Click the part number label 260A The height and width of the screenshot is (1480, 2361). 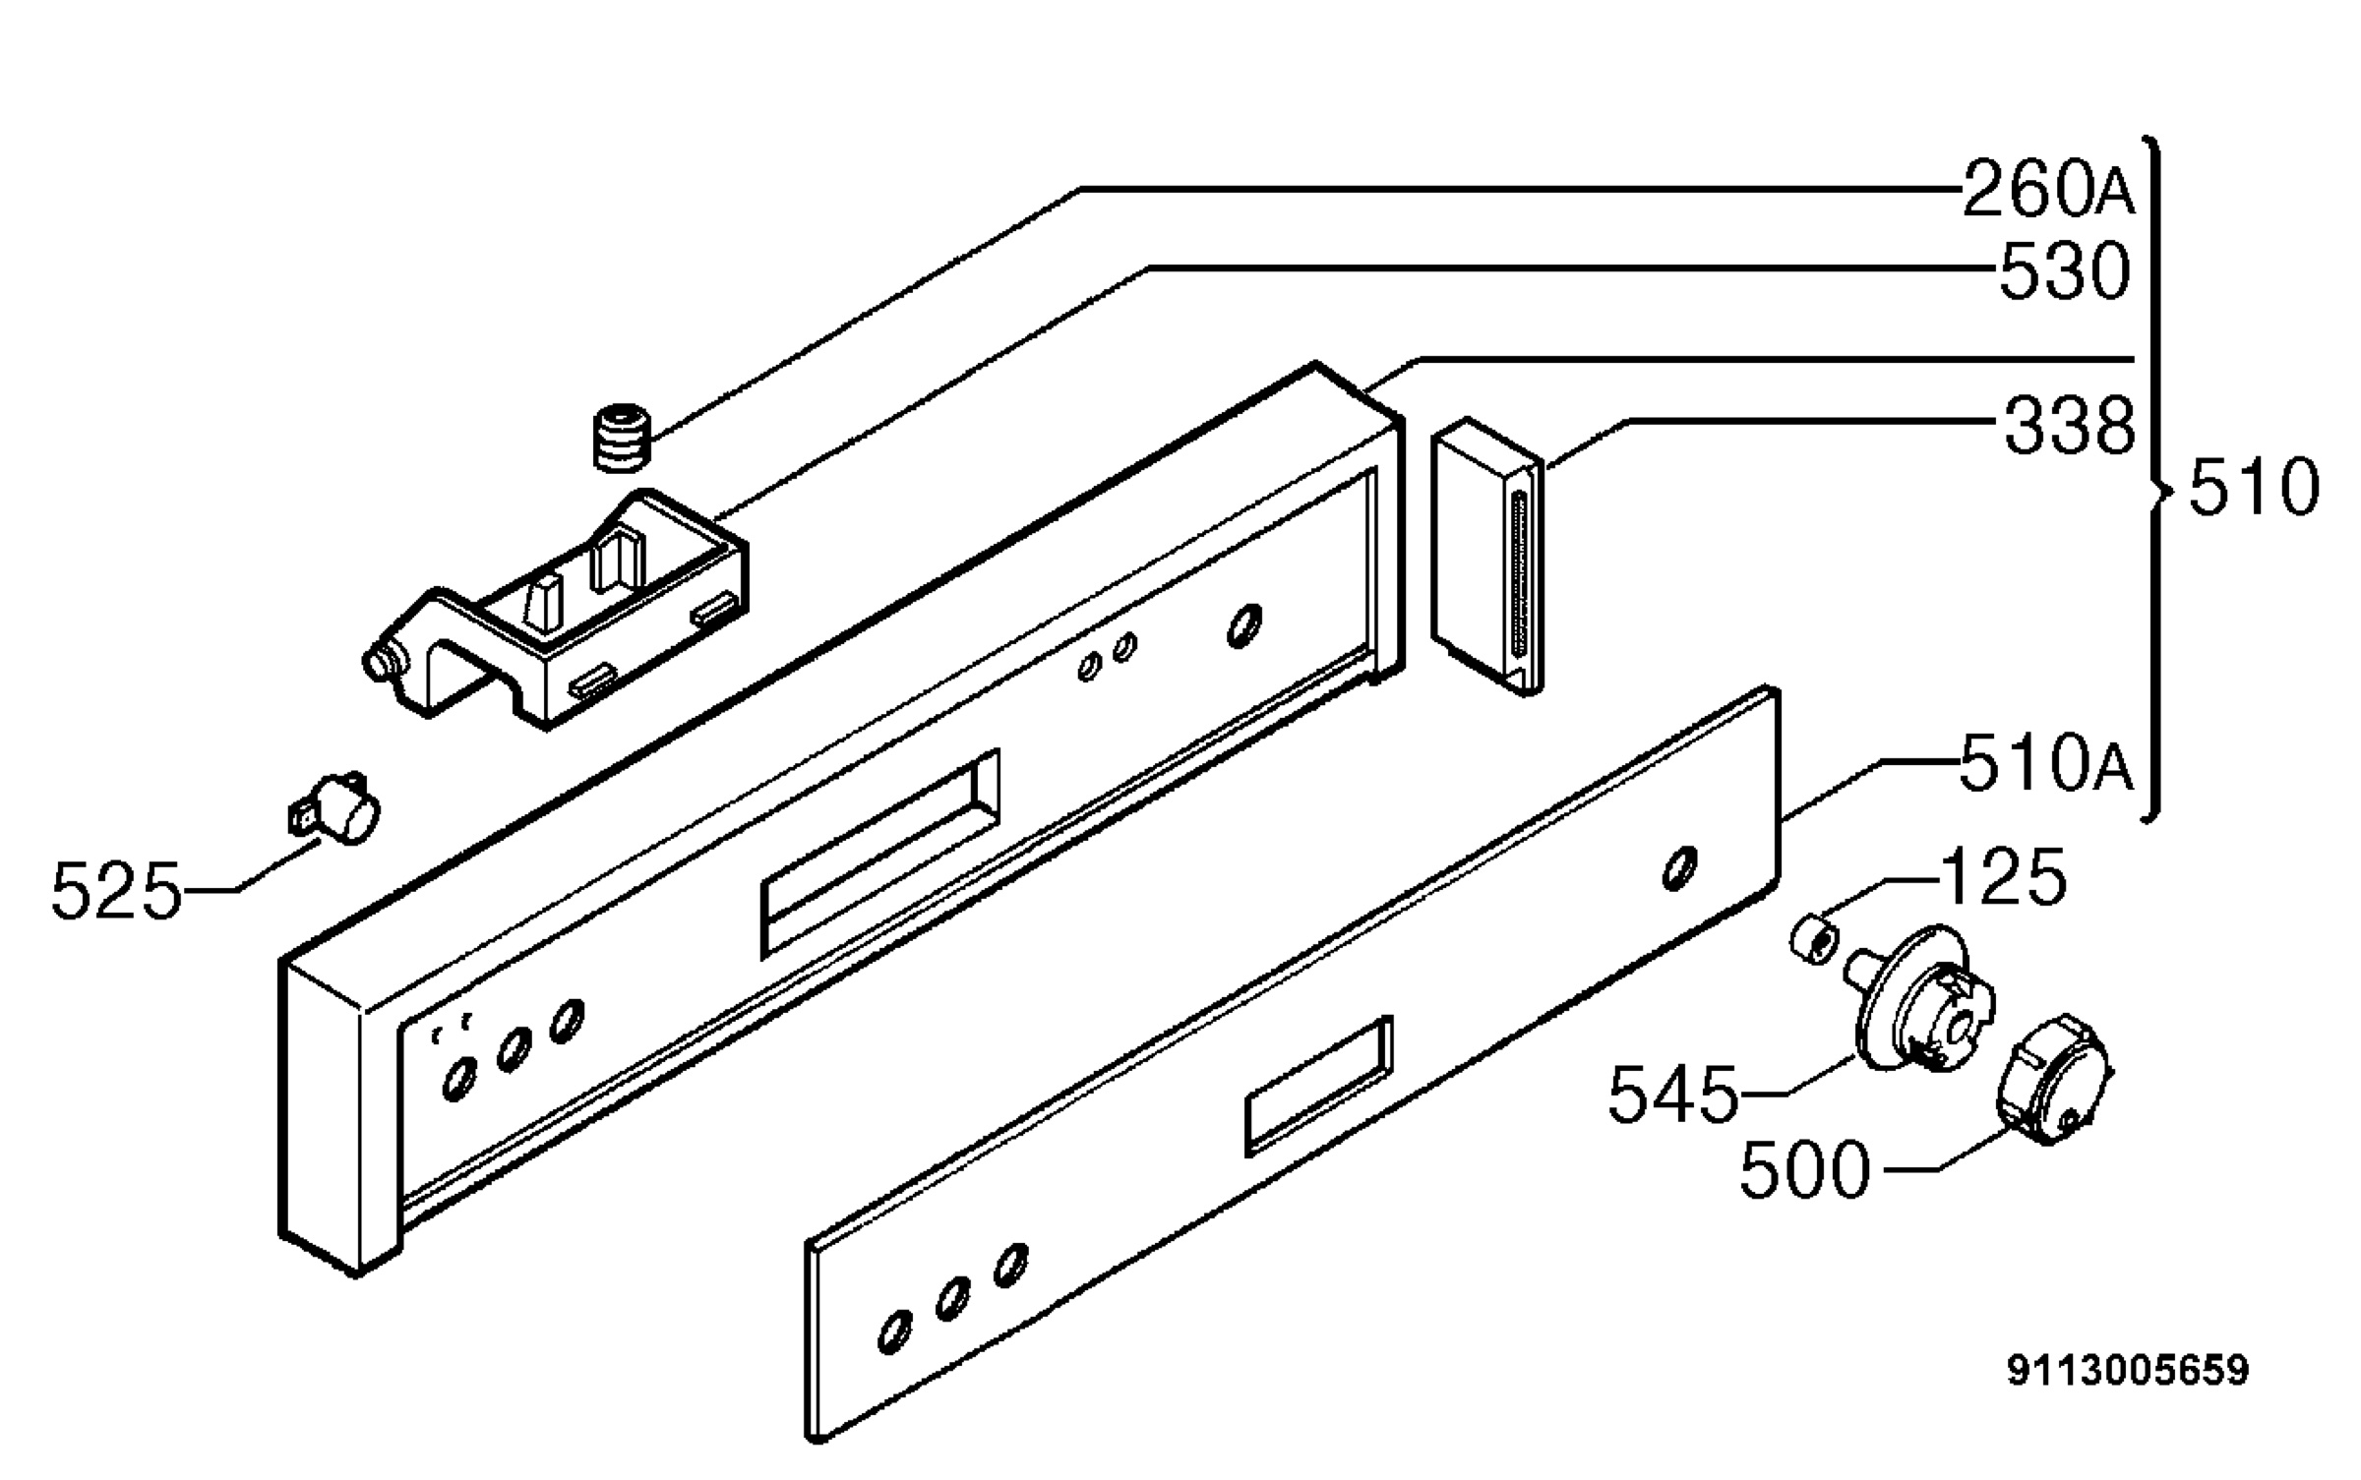coord(2048,190)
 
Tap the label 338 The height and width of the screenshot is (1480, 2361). coord(2070,425)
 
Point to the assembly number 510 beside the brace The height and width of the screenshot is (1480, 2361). coord(2254,488)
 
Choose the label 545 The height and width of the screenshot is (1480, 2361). coord(1673,1094)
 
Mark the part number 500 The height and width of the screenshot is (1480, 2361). coord(1805,1170)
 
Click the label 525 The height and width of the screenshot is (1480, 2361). coord(117,891)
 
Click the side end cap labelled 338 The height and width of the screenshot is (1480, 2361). coord(1487,557)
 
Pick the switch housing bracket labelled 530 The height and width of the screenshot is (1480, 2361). coord(556,610)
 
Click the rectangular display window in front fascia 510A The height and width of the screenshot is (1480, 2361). coord(1319,1086)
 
